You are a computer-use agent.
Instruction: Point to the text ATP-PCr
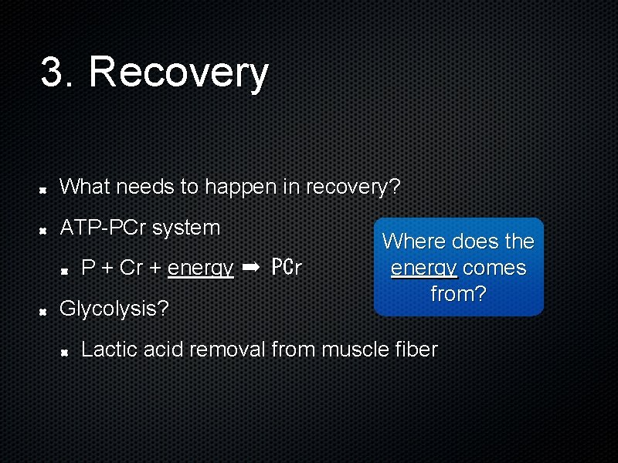[104, 228]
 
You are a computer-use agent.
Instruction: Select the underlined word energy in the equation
[200, 268]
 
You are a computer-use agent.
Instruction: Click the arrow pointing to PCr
[251, 267]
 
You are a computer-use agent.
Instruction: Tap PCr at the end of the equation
[287, 268]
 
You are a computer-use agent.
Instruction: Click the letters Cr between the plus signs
[132, 268]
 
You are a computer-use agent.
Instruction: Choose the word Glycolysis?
[114, 309]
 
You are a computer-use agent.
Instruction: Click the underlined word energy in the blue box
[423, 268]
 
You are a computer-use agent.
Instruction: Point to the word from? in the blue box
[458, 294]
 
